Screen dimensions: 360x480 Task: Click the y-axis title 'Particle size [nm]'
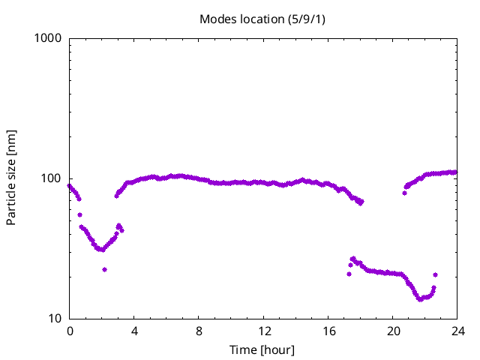click(11, 178)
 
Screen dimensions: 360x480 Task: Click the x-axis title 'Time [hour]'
click(263, 349)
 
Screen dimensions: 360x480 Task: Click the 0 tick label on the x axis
click(70, 331)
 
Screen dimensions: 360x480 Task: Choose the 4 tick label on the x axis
click(134, 331)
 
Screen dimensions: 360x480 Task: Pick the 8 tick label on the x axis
click(199, 331)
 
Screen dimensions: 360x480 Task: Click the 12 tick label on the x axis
click(263, 331)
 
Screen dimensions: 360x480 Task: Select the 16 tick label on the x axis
click(328, 331)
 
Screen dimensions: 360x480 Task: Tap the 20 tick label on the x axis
click(392, 331)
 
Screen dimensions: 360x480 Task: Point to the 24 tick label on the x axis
click(457, 331)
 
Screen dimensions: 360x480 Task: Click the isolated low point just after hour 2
click(104, 269)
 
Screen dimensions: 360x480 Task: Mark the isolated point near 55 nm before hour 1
click(79, 214)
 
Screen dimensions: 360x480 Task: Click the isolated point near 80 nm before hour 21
click(404, 193)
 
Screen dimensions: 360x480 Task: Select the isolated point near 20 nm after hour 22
click(435, 274)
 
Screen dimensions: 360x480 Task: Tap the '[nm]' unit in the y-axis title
click(11, 142)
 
